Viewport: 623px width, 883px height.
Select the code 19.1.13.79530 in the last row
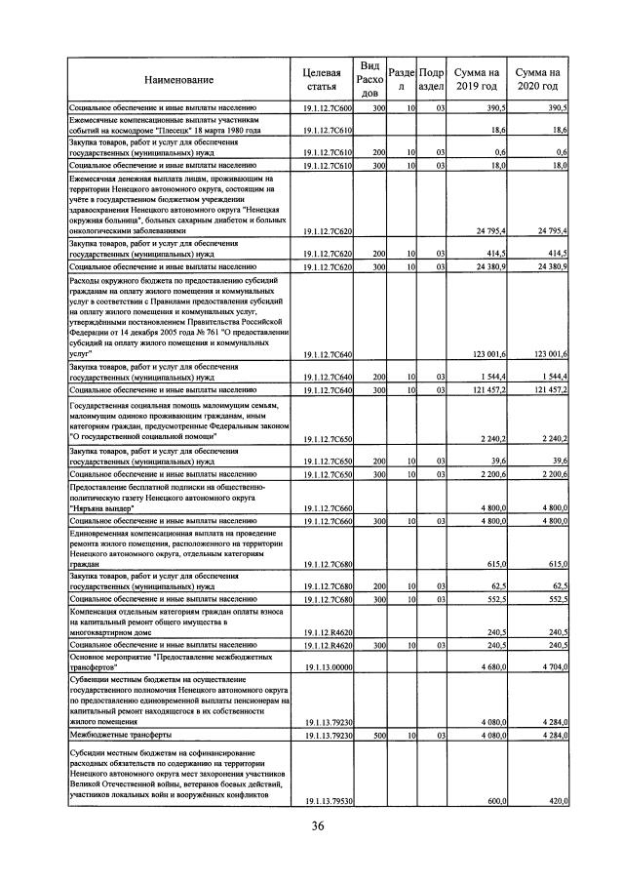click(328, 801)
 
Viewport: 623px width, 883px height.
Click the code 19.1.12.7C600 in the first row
click(328, 107)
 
